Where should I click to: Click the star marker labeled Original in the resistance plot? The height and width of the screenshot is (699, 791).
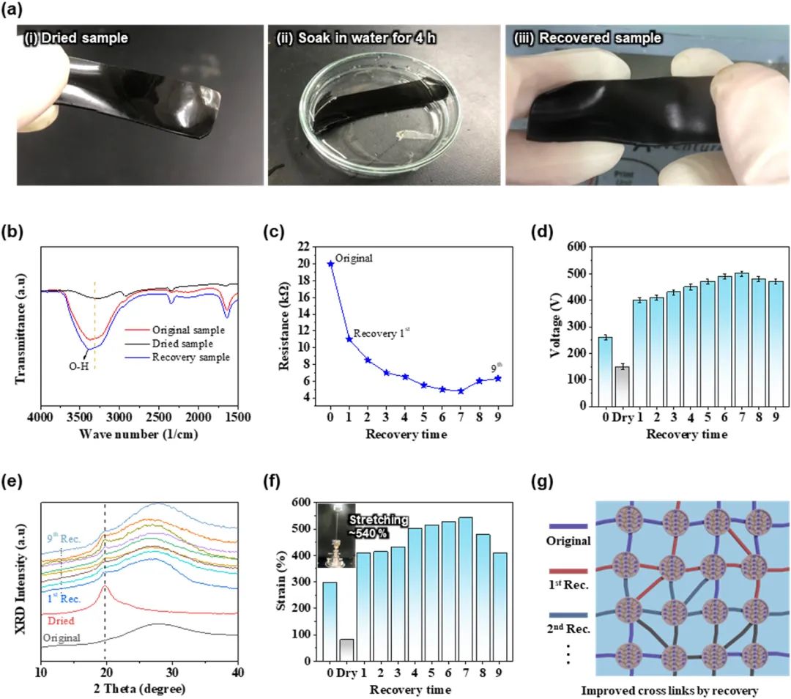[x=330, y=263]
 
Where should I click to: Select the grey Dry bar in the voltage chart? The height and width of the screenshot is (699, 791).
[x=621, y=386]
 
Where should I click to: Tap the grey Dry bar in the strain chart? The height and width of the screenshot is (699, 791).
[x=346, y=649]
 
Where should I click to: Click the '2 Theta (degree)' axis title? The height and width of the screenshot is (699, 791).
[x=140, y=689]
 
